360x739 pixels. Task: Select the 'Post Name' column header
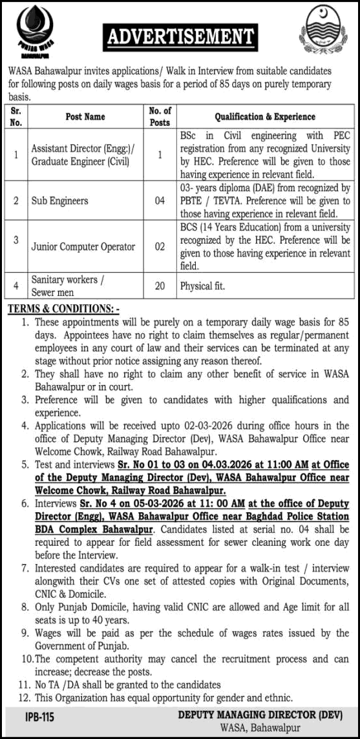(85, 117)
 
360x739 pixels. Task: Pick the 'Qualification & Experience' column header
(265, 117)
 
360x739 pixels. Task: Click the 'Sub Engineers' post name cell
(60, 201)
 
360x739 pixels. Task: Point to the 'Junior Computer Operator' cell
(83, 246)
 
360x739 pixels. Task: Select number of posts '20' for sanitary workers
(160, 285)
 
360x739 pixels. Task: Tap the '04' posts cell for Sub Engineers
(160, 201)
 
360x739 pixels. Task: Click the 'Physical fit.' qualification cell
(202, 285)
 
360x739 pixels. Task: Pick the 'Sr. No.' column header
(16, 117)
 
